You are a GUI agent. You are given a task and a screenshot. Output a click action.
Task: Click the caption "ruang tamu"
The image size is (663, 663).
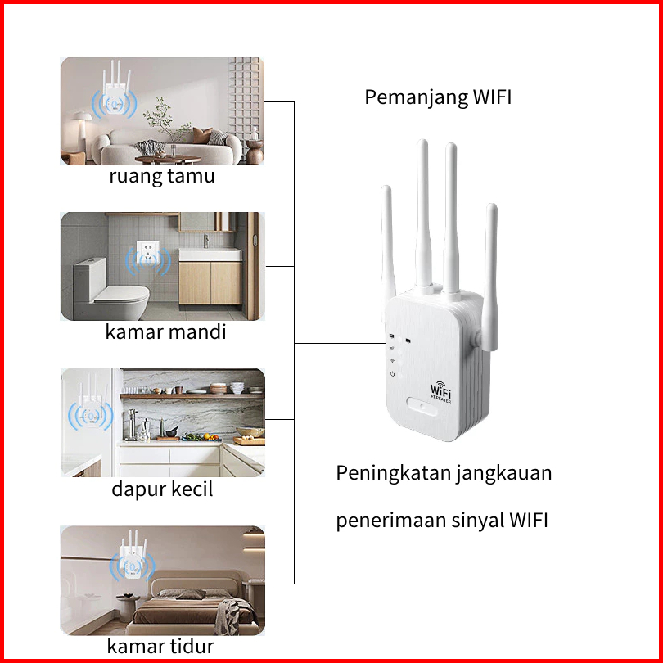tap(162, 176)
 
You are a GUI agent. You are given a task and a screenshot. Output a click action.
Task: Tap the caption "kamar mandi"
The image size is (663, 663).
tap(165, 332)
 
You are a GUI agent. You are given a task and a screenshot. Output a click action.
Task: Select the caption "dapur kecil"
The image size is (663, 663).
tap(162, 489)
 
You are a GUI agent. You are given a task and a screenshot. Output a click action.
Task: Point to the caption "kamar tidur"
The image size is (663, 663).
tap(160, 646)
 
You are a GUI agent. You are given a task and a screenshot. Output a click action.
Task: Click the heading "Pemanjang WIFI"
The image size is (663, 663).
tap(438, 97)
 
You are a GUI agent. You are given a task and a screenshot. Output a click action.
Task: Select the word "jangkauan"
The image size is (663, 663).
tap(504, 473)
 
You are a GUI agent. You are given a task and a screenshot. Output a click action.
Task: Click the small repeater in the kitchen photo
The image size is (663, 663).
tap(92, 409)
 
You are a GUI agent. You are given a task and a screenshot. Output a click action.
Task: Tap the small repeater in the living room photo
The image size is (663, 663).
tap(116, 98)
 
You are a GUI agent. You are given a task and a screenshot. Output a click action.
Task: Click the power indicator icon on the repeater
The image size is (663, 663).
tap(393, 374)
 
